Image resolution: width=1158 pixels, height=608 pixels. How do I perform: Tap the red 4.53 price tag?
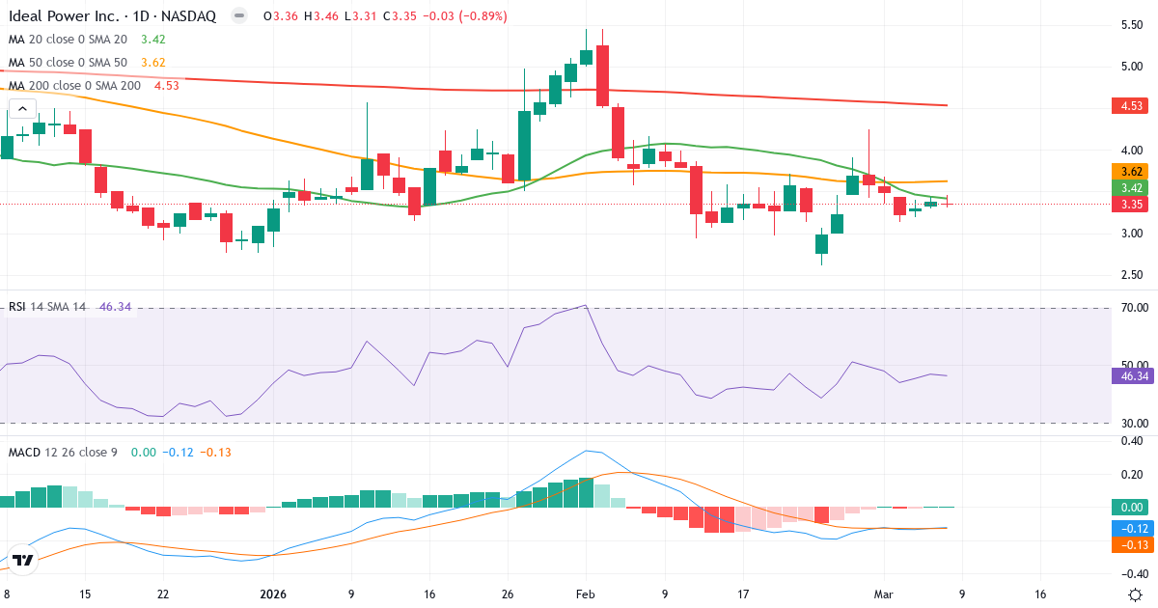pos(1125,106)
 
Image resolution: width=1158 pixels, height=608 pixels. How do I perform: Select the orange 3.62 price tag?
pos(1125,172)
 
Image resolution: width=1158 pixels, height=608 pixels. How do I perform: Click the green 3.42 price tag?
pos(1125,188)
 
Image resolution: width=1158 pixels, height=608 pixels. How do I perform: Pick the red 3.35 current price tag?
pos(1125,205)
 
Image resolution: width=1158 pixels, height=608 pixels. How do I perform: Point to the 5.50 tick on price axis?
pos(1132,24)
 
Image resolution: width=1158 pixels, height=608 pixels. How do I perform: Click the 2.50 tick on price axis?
pos(1132,275)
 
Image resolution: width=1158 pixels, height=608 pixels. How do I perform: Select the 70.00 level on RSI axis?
pos(1131,308)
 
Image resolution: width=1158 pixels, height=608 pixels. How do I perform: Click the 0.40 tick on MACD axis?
pos(1132,442)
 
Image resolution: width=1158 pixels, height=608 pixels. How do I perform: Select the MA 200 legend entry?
pos(75,85)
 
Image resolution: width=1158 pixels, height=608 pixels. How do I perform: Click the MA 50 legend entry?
pos(69,63)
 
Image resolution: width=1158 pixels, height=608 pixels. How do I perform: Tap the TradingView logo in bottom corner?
pos(23,559)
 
